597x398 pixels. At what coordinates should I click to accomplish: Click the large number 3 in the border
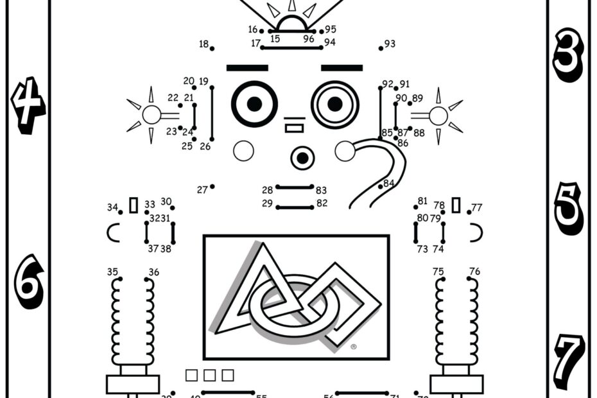(x=567, y=60)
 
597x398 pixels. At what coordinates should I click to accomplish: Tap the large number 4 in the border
(x=28, y=107)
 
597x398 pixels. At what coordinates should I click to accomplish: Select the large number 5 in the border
(x=568, y=208)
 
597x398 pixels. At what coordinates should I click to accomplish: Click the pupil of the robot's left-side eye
(x=254, y=103)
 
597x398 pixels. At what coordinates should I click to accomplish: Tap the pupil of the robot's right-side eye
(x=334, y=103)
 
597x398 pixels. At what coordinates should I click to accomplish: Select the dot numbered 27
(x=212, y=187)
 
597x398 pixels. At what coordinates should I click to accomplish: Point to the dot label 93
(x=390, y=44)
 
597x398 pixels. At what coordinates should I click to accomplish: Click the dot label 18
(x=204, y=44)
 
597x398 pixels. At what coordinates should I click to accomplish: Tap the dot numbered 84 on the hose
(x=383, y=187)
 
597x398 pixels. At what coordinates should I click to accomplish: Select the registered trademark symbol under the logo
(x=354, y=347)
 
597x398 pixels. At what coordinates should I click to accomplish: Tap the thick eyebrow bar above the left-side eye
(x=247, y=67)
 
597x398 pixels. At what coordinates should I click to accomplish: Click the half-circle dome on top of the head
(x=292, y=24)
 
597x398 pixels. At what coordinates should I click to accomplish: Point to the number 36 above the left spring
(x=153, y=272)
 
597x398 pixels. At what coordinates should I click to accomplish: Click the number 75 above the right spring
(x=438, y=272)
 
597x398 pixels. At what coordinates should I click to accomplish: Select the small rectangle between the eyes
(x=294, y=128)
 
